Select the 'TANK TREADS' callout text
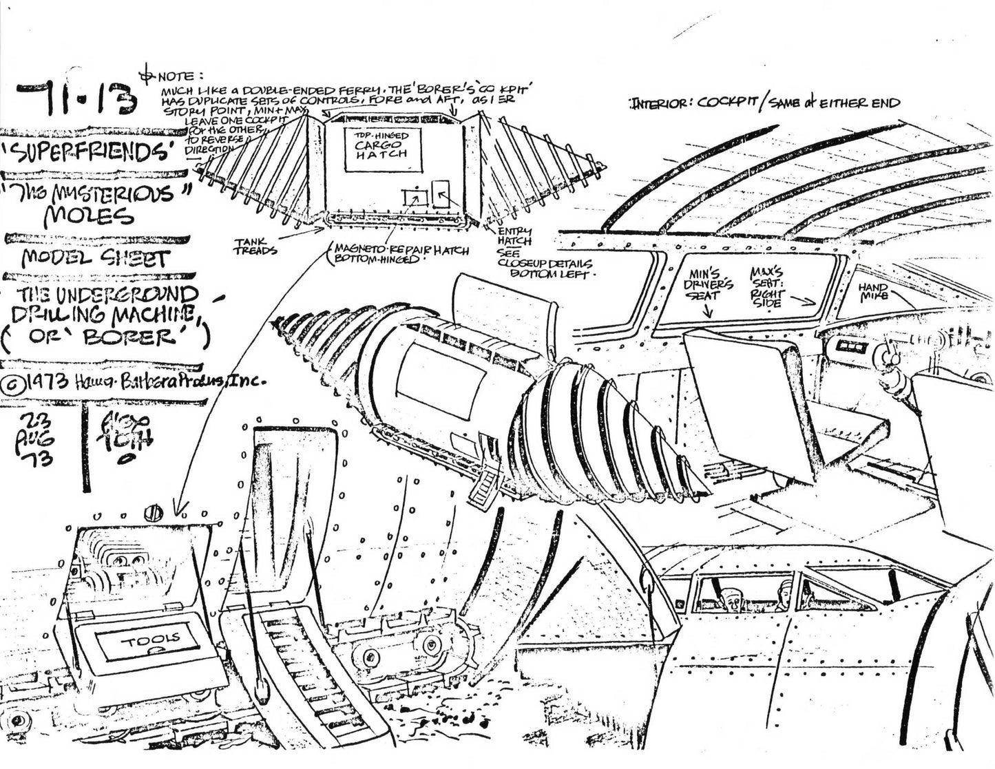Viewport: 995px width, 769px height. click(255, 246)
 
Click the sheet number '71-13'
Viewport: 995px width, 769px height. click(76, 98)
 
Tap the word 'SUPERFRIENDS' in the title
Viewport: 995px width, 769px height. click(96, 153)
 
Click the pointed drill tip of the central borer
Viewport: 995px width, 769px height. click(279, 319)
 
